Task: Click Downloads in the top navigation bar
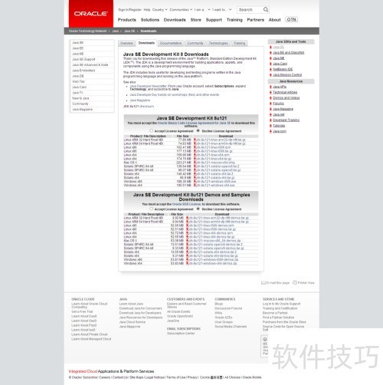(175, 20)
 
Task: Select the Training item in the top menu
(234, 20)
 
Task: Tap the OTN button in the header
(290, 20)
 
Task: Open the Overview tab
(128, 44)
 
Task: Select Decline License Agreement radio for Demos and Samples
(198, 208)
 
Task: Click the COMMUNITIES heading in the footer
(225, 299)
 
